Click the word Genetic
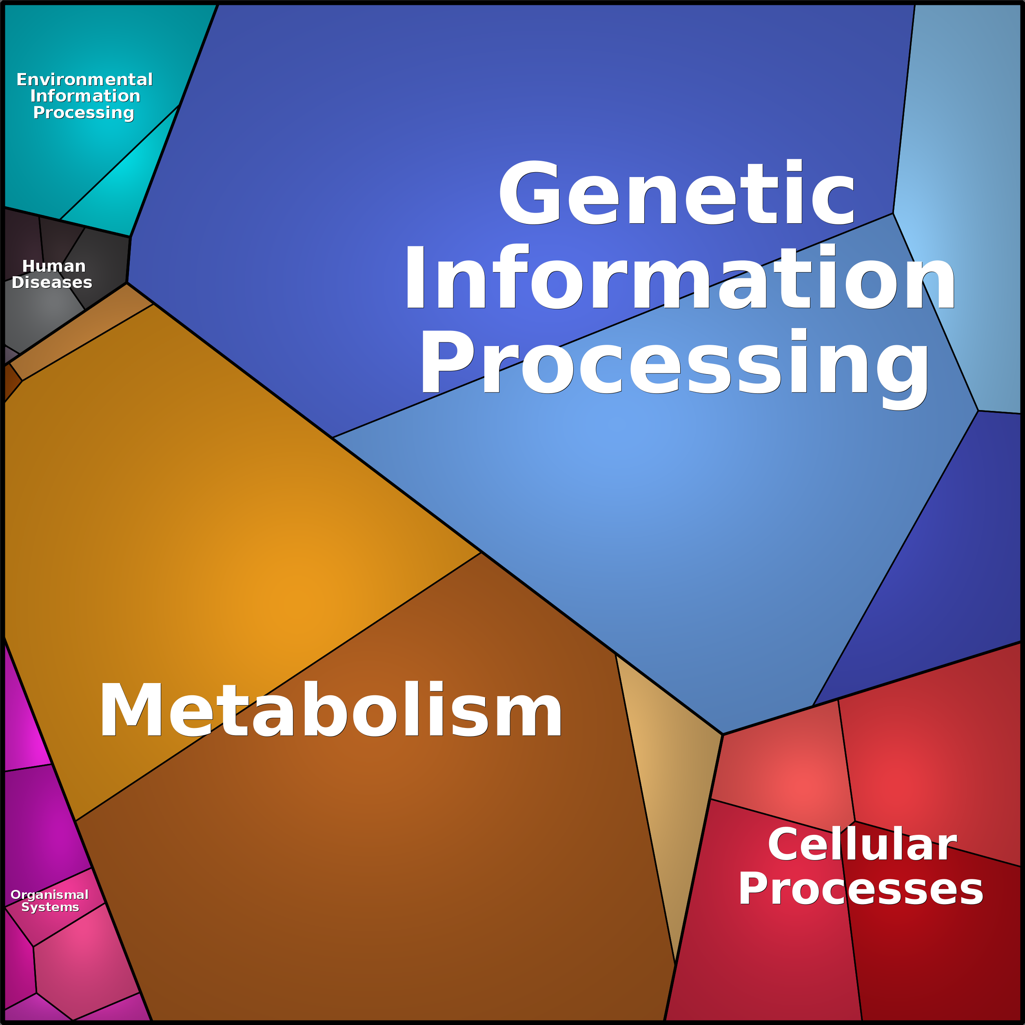[677, 192]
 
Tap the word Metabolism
[331, 710]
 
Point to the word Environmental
[84, 80]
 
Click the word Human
[53, 266]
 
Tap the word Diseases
[52, 282]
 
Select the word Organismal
[49, 895]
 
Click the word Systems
[50, 907]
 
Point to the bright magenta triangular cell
[24, 714]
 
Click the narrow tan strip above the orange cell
[80, 332]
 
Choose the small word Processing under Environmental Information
[83, 113]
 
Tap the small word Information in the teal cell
[85, 96]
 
